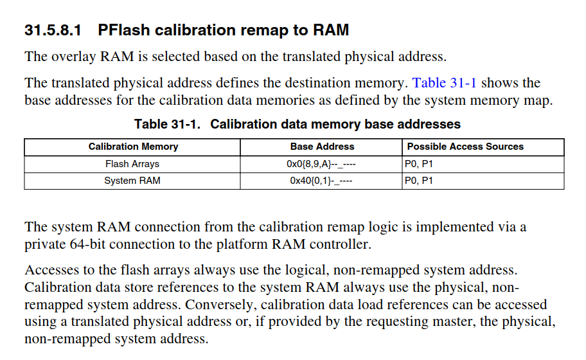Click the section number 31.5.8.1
53,30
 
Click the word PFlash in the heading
123,30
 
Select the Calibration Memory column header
133,147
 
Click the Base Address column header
322,147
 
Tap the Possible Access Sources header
465,147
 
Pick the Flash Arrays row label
132,164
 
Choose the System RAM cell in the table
132,181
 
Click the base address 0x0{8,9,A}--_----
321,164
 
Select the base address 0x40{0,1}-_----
321,181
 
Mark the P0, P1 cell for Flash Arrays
419,164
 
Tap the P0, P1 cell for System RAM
419,181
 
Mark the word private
44,245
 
